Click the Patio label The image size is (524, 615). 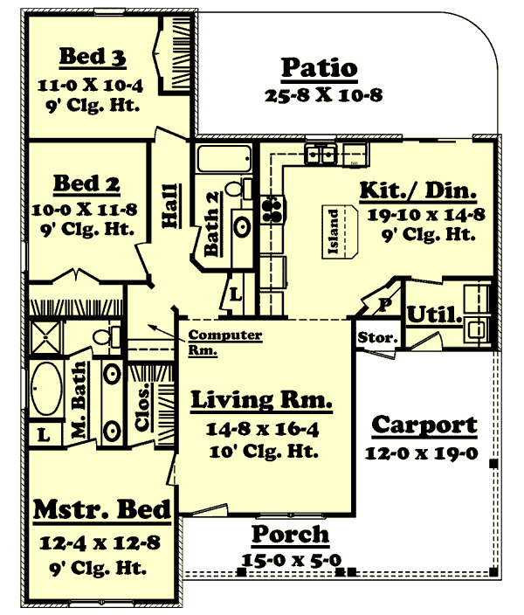point(319,67)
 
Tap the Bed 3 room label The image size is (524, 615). point(93,58)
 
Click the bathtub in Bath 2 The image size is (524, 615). point(224,161)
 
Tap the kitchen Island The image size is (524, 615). point(344,233)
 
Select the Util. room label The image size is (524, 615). point(434,314)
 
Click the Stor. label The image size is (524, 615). point(377,337)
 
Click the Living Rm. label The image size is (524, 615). point(261,401)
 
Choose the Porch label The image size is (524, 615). point(291,534)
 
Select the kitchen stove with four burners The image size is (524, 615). point(272,208)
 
